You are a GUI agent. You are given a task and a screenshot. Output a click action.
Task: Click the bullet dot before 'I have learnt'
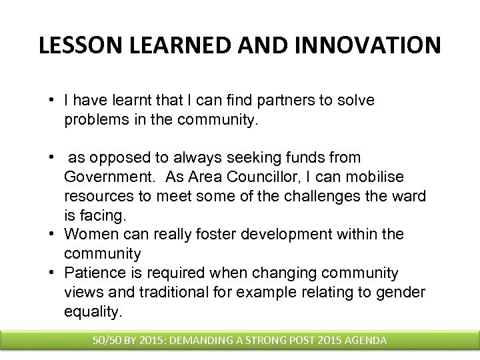51,101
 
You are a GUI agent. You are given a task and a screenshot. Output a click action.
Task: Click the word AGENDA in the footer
363,340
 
